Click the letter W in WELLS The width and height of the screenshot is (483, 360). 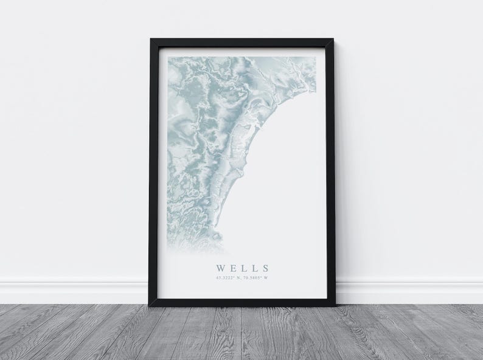[220, 268]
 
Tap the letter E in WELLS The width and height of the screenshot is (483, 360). [232, 268]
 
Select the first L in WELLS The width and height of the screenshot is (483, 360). [243, 268]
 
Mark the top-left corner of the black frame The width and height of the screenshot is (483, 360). [150, 39]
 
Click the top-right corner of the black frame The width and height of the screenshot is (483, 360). [333, 39]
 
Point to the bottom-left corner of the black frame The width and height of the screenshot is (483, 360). [149, 306]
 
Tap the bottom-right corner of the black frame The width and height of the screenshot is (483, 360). [335, 306]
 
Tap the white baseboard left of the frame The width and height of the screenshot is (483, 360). [73, 291]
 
